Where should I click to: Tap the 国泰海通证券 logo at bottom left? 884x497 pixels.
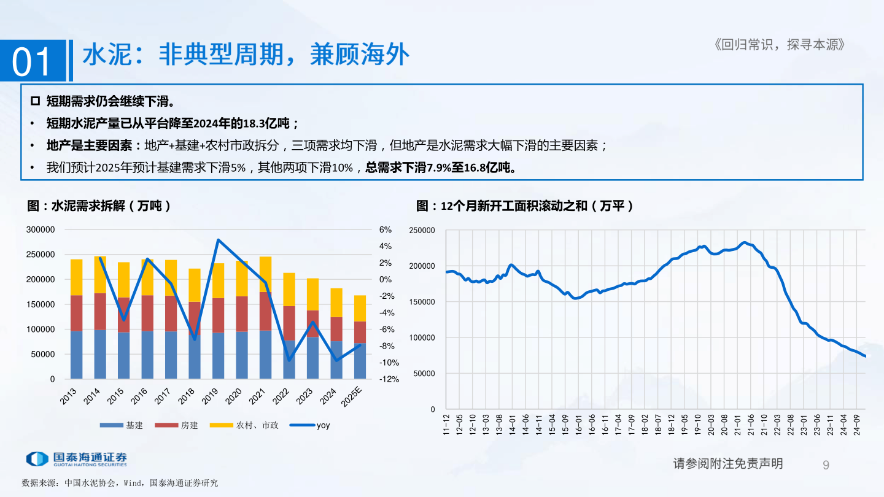click(77, 458)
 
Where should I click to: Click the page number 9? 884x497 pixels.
click(826, 464)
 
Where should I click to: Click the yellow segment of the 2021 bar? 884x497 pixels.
click(266, 274)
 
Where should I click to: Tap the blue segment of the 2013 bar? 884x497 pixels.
click(77, 355)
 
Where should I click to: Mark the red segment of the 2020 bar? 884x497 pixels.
click(242, 314)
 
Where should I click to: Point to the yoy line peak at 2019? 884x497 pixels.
click(219, 240)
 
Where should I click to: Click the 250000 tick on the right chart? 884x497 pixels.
click(422, 230)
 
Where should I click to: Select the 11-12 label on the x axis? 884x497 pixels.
click(447, 424)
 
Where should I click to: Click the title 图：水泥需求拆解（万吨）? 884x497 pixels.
click(99, 207)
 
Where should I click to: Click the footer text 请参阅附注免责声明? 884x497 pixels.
click(728, 464)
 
